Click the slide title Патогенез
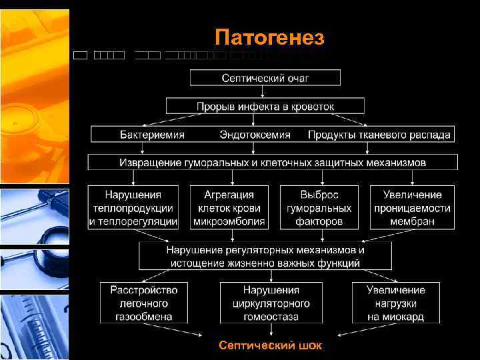[269, 38]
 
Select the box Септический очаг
[265, 78]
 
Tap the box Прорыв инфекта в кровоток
[265, 106]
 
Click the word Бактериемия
[152, 135]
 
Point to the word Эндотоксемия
[255, 135]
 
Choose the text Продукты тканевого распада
[379, 135]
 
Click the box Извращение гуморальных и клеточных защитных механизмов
[273, 162]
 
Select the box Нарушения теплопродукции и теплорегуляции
[133, 208]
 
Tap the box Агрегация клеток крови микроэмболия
[229, 208]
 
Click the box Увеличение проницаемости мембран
[412, 208]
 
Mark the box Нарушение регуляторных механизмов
[265, 257]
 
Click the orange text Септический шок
[271, 345]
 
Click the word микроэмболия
[229, 221]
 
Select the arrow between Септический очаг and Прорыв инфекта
[265, 92]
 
